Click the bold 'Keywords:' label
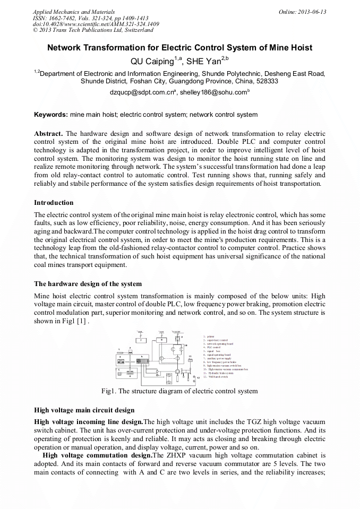click(51, 114)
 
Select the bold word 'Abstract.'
click(49, 133)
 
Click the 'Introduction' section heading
click(54, 202)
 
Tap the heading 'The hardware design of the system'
click(88, 283)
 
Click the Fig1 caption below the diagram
click(179, 391)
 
